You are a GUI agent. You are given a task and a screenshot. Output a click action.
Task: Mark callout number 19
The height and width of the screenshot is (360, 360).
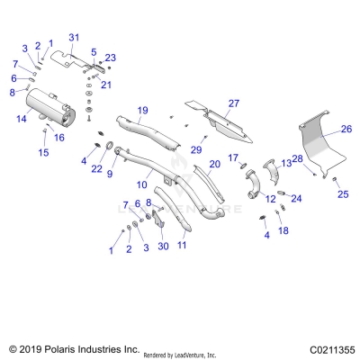[142, 110]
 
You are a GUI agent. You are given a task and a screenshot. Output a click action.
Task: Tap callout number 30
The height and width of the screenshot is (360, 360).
[163, 246]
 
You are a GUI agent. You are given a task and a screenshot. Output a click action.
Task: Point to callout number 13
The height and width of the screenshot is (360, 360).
[286, 162]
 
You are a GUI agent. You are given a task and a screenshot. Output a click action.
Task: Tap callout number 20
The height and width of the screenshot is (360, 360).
[214, 164]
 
